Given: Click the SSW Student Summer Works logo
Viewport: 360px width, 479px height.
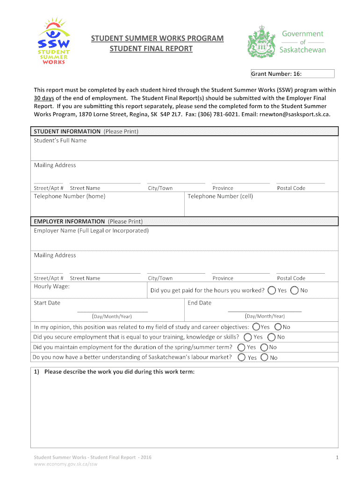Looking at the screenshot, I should [54, 41].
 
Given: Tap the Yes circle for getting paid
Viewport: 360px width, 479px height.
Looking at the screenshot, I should [272, 290].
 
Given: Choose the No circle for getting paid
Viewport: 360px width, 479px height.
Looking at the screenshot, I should [295, 290].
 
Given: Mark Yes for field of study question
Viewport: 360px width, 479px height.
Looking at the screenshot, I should [256, 327].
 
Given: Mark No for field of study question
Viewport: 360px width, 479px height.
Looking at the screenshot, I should [278, 327].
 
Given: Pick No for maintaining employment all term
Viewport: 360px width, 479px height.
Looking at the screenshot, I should [264, 347].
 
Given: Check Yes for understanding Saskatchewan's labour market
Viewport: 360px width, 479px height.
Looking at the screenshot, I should [241, 357].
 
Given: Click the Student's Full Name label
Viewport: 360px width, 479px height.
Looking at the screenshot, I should [60, 140].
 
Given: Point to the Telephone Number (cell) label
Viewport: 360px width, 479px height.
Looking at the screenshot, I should [220, 196].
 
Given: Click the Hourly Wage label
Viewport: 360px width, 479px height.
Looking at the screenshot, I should [51, 286].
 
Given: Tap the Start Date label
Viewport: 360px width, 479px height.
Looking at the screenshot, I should [47, 303].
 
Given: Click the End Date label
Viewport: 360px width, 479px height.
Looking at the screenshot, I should [199, 303].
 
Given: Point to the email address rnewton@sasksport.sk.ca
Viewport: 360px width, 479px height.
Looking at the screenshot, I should [291, 114].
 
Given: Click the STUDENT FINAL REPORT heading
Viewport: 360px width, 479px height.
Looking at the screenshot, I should [151, 49].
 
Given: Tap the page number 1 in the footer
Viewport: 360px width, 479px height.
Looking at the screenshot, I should [337, 457].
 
